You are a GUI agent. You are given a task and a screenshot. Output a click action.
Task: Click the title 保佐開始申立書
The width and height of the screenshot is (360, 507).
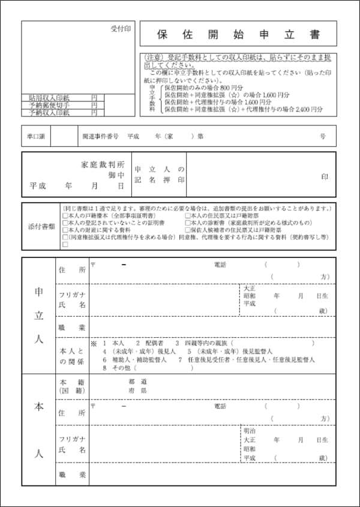239,35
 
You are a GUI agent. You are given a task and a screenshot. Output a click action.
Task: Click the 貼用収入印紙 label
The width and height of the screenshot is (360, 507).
49,98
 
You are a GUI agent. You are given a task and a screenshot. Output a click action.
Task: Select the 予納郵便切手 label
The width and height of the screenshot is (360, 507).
49,105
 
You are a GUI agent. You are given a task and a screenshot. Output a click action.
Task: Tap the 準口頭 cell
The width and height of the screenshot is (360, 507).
35,136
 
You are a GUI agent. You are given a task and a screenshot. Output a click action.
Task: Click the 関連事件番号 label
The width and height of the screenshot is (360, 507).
100,136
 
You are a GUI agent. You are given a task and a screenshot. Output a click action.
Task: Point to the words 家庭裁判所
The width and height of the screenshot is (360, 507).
103,164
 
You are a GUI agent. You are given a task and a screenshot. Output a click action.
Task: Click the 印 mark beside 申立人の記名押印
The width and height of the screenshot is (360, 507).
325,177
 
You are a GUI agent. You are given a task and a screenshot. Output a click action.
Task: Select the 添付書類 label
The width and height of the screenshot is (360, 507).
41,227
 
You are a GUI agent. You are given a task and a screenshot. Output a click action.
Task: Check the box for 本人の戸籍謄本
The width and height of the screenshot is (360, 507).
65,215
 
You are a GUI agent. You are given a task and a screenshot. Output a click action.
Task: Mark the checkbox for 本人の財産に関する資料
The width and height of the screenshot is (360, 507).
65,230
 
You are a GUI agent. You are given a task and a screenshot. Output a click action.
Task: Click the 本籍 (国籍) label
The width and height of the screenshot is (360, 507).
71,386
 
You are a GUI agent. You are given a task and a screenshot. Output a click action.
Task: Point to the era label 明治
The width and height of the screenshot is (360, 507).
249,431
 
